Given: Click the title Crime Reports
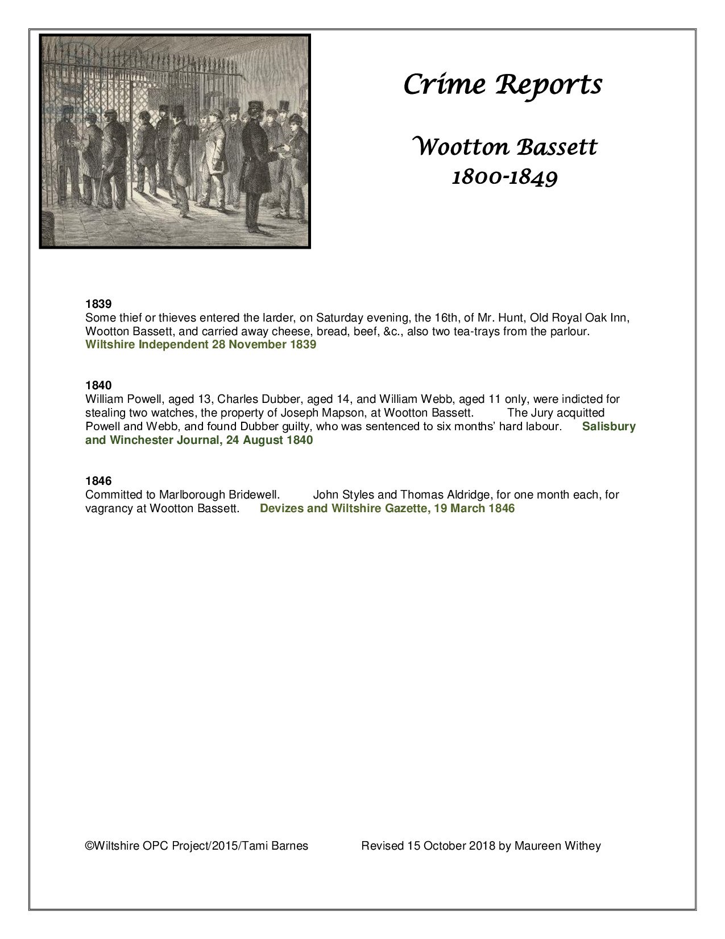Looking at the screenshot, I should click(x=502, y=85).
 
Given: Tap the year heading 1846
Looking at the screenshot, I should click(x=98, y=481).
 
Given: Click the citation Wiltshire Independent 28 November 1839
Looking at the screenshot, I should click(x=200, y=345).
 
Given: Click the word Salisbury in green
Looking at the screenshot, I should click(x=608, y=427).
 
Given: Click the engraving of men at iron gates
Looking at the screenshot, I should click(x=175, y=141).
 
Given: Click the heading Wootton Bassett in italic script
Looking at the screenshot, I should click(x=504, y=147).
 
